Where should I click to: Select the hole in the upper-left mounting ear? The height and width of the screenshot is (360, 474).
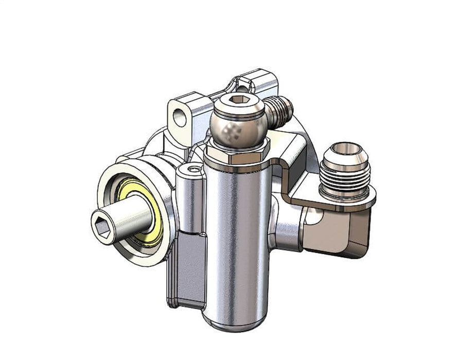[179, 118]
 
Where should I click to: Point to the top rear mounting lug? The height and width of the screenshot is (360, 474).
[260, 82]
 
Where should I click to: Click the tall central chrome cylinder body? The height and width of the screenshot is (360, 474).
[237, 231]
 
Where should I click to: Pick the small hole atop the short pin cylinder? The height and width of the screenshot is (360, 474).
[194, 169]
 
